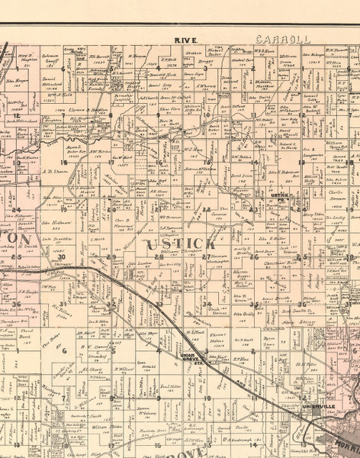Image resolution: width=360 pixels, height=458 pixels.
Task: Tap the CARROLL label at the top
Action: coord(275,37)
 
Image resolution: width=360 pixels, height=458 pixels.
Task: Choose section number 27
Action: coord(207,257)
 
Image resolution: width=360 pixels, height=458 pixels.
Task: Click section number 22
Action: coord(207,209)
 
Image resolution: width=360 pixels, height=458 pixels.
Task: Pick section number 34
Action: coord(207,304)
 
